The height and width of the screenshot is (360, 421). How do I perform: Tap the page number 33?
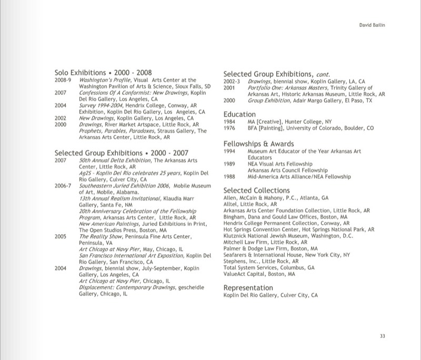[383, 335]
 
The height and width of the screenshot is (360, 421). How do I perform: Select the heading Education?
[239, 114]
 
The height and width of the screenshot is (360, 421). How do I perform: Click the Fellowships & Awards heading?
[258, 144]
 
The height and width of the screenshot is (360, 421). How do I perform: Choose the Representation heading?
[248, 288]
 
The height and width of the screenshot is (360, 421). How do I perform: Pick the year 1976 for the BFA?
[229, 127]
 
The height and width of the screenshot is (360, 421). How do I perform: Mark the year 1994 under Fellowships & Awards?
[229, 152]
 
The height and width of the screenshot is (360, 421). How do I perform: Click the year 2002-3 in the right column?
[232, 82]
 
